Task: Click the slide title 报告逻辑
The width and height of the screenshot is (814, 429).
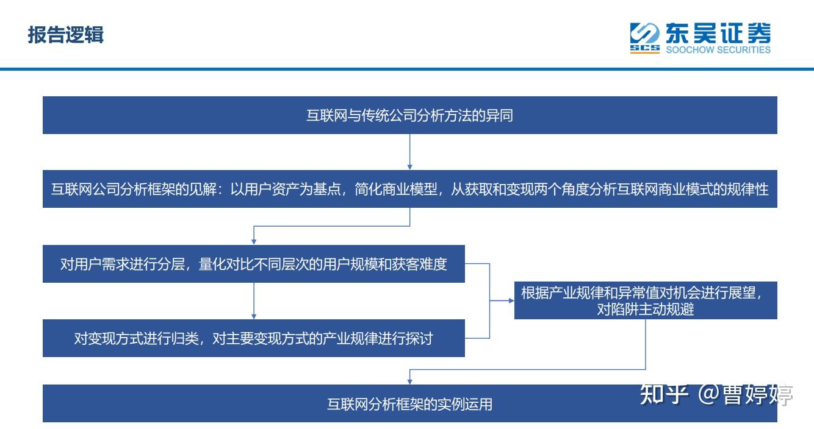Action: point(66,35)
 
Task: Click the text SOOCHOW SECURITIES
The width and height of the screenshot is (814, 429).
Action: point(718,51)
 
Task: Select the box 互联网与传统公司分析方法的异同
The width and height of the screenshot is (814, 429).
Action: point(409,115)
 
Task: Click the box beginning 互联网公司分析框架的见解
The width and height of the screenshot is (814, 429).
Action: point(409,190)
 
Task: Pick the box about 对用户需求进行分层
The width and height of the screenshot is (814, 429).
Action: point(253,264)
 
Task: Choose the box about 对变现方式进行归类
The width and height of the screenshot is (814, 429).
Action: point(253,338)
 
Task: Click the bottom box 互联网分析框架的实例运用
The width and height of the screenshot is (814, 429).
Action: point(409,403)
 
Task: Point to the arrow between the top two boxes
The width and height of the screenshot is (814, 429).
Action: point(409,151)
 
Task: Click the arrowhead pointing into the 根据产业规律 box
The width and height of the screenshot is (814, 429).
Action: point(511,300)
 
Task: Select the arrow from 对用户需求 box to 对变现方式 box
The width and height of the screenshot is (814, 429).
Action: point(253,301)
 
